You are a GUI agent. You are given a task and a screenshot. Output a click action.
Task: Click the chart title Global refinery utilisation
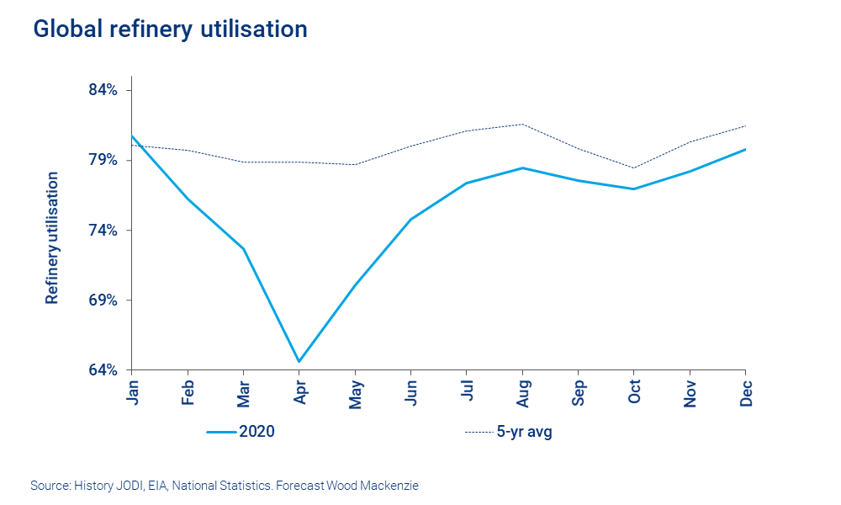coord(170,29)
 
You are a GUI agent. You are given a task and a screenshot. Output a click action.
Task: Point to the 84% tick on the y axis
coord(107,90)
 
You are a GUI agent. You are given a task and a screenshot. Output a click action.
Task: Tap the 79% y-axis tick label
coord(107,160)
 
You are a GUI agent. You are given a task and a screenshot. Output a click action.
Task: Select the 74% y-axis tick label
coord(107,231)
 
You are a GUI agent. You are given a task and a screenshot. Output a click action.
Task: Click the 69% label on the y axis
coord(107,300)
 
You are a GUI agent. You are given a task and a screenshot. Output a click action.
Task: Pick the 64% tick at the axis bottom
coord(107,370)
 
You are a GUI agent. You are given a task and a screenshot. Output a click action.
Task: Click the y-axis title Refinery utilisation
coord(52,237)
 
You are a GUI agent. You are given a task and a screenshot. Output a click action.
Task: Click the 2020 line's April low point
coord(299,362)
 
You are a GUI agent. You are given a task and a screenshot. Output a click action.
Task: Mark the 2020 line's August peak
coord(522,167)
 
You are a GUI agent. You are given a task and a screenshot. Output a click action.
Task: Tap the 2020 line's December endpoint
coord(745,149)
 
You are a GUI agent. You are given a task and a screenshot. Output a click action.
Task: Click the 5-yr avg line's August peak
coord(522,124)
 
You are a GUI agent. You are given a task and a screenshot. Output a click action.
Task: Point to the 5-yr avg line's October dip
coord(634,167)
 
